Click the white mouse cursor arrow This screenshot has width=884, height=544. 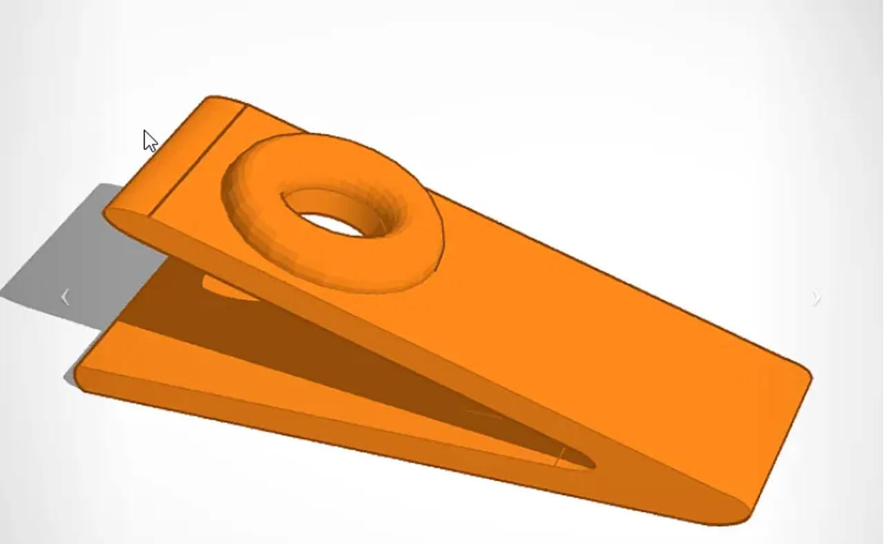149,140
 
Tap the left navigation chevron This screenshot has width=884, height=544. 65,297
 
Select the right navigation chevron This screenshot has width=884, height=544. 817,298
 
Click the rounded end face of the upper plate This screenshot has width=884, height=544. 128,221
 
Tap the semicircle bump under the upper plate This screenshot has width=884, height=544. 228,289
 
